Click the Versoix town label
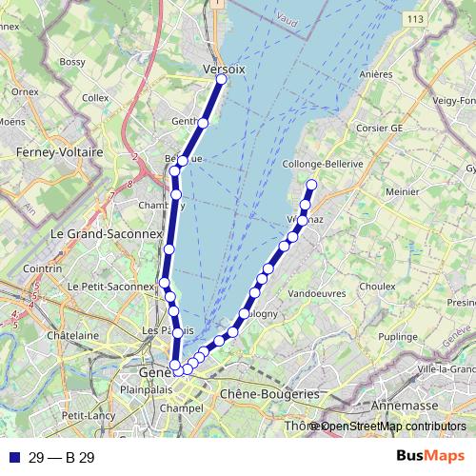point(225,69)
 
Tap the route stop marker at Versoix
point(221,80)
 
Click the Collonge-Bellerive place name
point(324,164)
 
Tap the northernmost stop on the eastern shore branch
point(311,185)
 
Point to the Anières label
point(377,73)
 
